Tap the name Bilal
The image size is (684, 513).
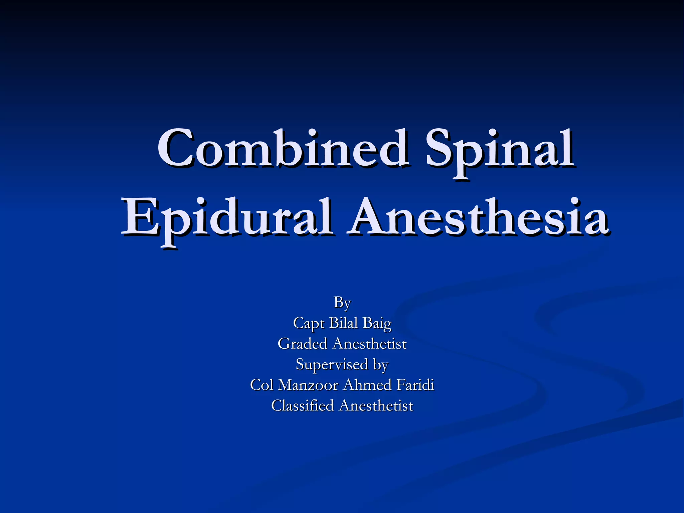point(344,323)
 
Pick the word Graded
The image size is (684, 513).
point(302,344)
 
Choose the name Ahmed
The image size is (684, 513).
point(367,385)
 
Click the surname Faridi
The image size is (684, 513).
point(415,385)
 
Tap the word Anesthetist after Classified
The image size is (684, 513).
point(376,406)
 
